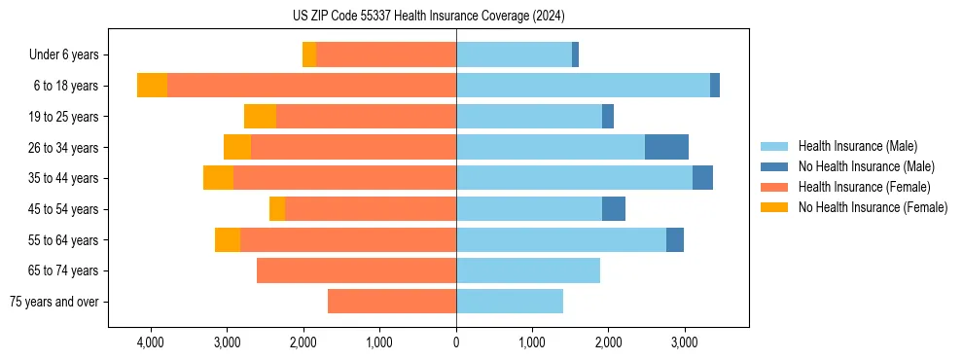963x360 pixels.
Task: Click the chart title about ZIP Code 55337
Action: [428, 17]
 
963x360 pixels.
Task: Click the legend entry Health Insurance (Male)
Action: [857, 146]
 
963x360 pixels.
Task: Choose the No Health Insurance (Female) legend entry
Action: [873, 207]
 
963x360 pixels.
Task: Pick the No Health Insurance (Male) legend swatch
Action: [774, 166]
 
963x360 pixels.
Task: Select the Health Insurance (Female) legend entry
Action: [864, 187]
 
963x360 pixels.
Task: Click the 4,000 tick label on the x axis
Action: [151, 342]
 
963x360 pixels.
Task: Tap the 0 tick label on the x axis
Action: [456, 342]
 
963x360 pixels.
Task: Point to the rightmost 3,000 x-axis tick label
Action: [684, 342]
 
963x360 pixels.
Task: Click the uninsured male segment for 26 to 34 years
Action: [666, 148]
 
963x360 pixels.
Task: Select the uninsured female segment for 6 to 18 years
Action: [152, 86]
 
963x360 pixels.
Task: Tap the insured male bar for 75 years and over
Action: [510, 302]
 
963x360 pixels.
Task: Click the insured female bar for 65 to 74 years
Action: [356, 270]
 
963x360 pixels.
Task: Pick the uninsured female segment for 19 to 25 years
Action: [260, 117]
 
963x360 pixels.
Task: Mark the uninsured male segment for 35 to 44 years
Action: [702, 178]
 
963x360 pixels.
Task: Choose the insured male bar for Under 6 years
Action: [514, 55]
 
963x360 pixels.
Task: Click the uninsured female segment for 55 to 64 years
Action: [228, 240]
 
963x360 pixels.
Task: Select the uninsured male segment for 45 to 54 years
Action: [614, 209]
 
